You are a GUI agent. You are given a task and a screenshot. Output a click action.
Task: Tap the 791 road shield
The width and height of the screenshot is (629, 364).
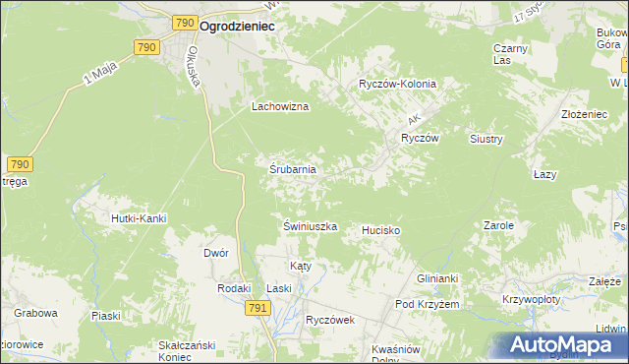pos(257,308)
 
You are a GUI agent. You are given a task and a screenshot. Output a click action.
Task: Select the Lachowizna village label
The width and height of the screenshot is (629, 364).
pos(281,106)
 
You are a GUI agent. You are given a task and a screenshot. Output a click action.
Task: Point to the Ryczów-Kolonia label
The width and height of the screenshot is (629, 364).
pos(397,85)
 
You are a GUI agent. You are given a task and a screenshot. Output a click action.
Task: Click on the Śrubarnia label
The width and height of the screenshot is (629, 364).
pos(293,169)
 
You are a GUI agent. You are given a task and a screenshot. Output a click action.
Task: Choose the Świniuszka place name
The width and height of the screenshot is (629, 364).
pos(311,226)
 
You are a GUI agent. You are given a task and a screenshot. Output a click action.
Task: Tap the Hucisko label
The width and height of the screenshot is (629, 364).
pos(381,229)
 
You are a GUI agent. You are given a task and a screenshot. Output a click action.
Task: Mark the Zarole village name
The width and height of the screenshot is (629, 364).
pos(499,225)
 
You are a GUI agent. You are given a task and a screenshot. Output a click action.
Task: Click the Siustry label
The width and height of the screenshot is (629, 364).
pos(486,140)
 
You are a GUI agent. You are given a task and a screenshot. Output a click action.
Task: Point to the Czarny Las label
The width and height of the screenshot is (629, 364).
pos(511,54)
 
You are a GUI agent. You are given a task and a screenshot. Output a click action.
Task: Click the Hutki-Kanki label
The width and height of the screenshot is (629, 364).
pos(138,218)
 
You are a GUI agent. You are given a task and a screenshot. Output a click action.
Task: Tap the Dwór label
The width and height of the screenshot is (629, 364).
pos(216,253)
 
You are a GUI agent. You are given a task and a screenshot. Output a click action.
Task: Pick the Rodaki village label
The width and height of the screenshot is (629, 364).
pos(234,288)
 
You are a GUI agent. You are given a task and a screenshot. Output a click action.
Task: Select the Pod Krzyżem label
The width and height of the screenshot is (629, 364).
pos(428,305)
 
